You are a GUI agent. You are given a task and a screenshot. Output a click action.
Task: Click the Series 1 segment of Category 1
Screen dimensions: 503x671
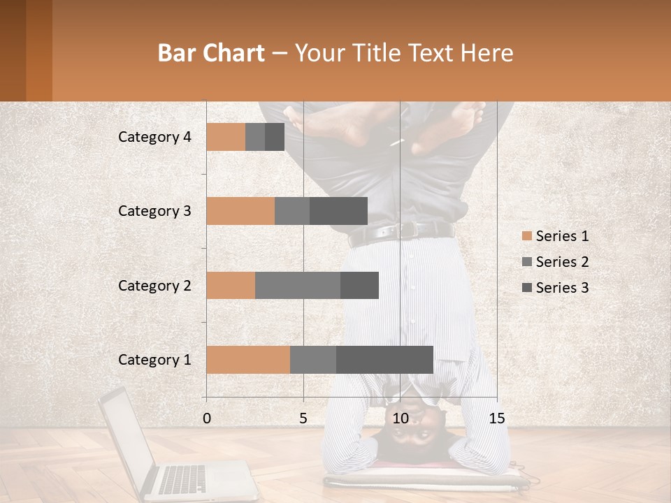(247, 360)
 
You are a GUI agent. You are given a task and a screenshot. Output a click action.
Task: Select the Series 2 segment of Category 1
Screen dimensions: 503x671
(312, 360)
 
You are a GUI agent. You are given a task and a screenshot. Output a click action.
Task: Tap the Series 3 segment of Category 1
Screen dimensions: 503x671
(384, 360)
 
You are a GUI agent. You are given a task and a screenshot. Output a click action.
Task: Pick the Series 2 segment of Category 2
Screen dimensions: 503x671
(297, 285)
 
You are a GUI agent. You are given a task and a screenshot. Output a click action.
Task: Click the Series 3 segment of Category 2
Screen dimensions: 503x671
(359, 285)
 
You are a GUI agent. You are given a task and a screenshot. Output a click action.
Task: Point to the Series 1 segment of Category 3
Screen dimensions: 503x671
(240, 211)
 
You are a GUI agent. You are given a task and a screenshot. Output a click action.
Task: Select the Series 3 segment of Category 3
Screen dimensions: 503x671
(338, 211)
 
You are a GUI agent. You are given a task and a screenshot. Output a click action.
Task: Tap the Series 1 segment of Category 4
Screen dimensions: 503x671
(225, 137)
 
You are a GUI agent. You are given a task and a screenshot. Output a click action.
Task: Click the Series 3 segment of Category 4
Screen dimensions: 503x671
(275, 137)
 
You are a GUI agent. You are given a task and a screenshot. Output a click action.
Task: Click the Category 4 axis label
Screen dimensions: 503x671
(154, 137)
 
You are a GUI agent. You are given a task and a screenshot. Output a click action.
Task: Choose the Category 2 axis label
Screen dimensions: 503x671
(154, 285)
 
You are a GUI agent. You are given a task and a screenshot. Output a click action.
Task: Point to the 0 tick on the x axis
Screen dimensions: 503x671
(206, 418)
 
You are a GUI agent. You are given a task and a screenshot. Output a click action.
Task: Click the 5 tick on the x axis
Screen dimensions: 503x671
(303, 418)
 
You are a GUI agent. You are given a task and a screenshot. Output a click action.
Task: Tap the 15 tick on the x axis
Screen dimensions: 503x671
(496, 418)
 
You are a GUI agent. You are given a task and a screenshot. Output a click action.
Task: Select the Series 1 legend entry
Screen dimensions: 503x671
(555, 236)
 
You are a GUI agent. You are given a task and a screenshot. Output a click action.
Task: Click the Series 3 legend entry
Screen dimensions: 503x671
(555, 288)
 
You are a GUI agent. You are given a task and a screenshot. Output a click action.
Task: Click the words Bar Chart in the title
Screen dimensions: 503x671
(211, 53)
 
